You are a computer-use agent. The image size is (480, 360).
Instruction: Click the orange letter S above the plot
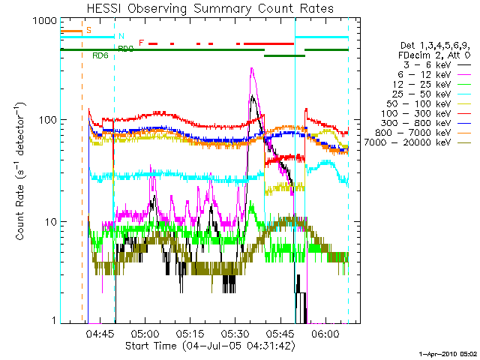pos(88,30)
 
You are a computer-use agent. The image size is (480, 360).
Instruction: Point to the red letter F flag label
pos(141,43)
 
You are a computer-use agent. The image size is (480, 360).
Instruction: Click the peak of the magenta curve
pos(252,69)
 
